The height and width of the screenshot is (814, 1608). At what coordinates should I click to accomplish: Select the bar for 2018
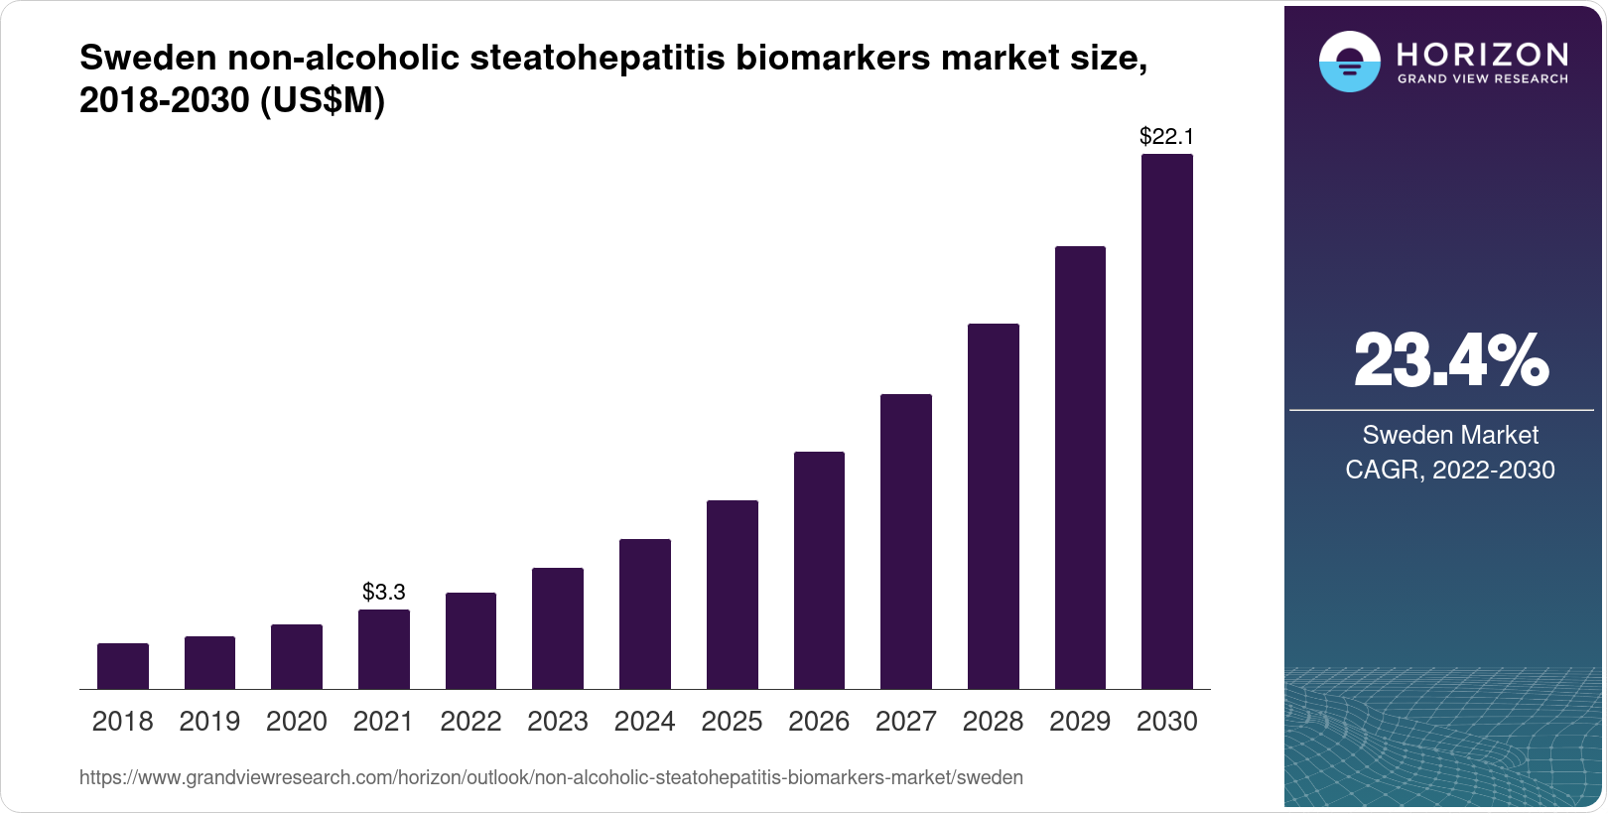pyautogui.click(x=123, y=666)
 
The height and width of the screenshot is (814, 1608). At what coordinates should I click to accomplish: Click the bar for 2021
pyautogui.click(x=384, y=649)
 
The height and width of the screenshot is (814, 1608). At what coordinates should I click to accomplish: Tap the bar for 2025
pyautogui.click(x=733, y=595)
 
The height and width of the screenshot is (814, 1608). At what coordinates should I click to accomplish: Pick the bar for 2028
pyautogui.click(x=994, y=506)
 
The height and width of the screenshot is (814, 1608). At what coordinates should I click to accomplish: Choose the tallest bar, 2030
pyautogui.click(x=1167, y=422)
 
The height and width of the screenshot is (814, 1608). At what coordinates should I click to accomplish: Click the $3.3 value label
pyautogui.click(x=384, y=593)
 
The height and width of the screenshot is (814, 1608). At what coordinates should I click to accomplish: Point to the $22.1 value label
pyautogui.click(x=1166, y=136)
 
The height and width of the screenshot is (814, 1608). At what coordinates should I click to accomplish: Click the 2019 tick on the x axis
pyautogui.click(x=209, y=722)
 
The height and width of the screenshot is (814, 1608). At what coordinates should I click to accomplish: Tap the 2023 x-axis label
pyautogui.click(x=558, y=722)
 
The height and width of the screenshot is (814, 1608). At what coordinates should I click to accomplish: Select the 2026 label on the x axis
pyautogui.click(x=819, y=722)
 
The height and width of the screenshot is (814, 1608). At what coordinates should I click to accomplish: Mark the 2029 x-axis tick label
pyautogui.click(x=1080, y=722)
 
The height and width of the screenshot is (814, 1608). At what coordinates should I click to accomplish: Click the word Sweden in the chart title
pyautogui.click(x=149, y=59)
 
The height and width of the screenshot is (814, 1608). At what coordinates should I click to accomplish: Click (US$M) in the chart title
pyautogui.click(x=323, y=101)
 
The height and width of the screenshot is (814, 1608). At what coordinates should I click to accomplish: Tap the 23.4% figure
pyautogui.click(x=1450, y=361)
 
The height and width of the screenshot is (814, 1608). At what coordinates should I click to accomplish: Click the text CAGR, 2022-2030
pyautogui.click(x=1450, y=470)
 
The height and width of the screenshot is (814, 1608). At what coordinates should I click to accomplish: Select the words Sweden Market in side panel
pyautogui.click(x=1450, y=435)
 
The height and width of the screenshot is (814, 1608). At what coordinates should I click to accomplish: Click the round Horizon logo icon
pyautogui.click(x=1349, y=62)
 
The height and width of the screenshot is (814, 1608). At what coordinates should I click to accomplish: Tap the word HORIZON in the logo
pyautogui.click(x=1482, y=54)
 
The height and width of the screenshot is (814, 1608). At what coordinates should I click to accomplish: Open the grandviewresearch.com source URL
pyautogui.click(x=551, y=777)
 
